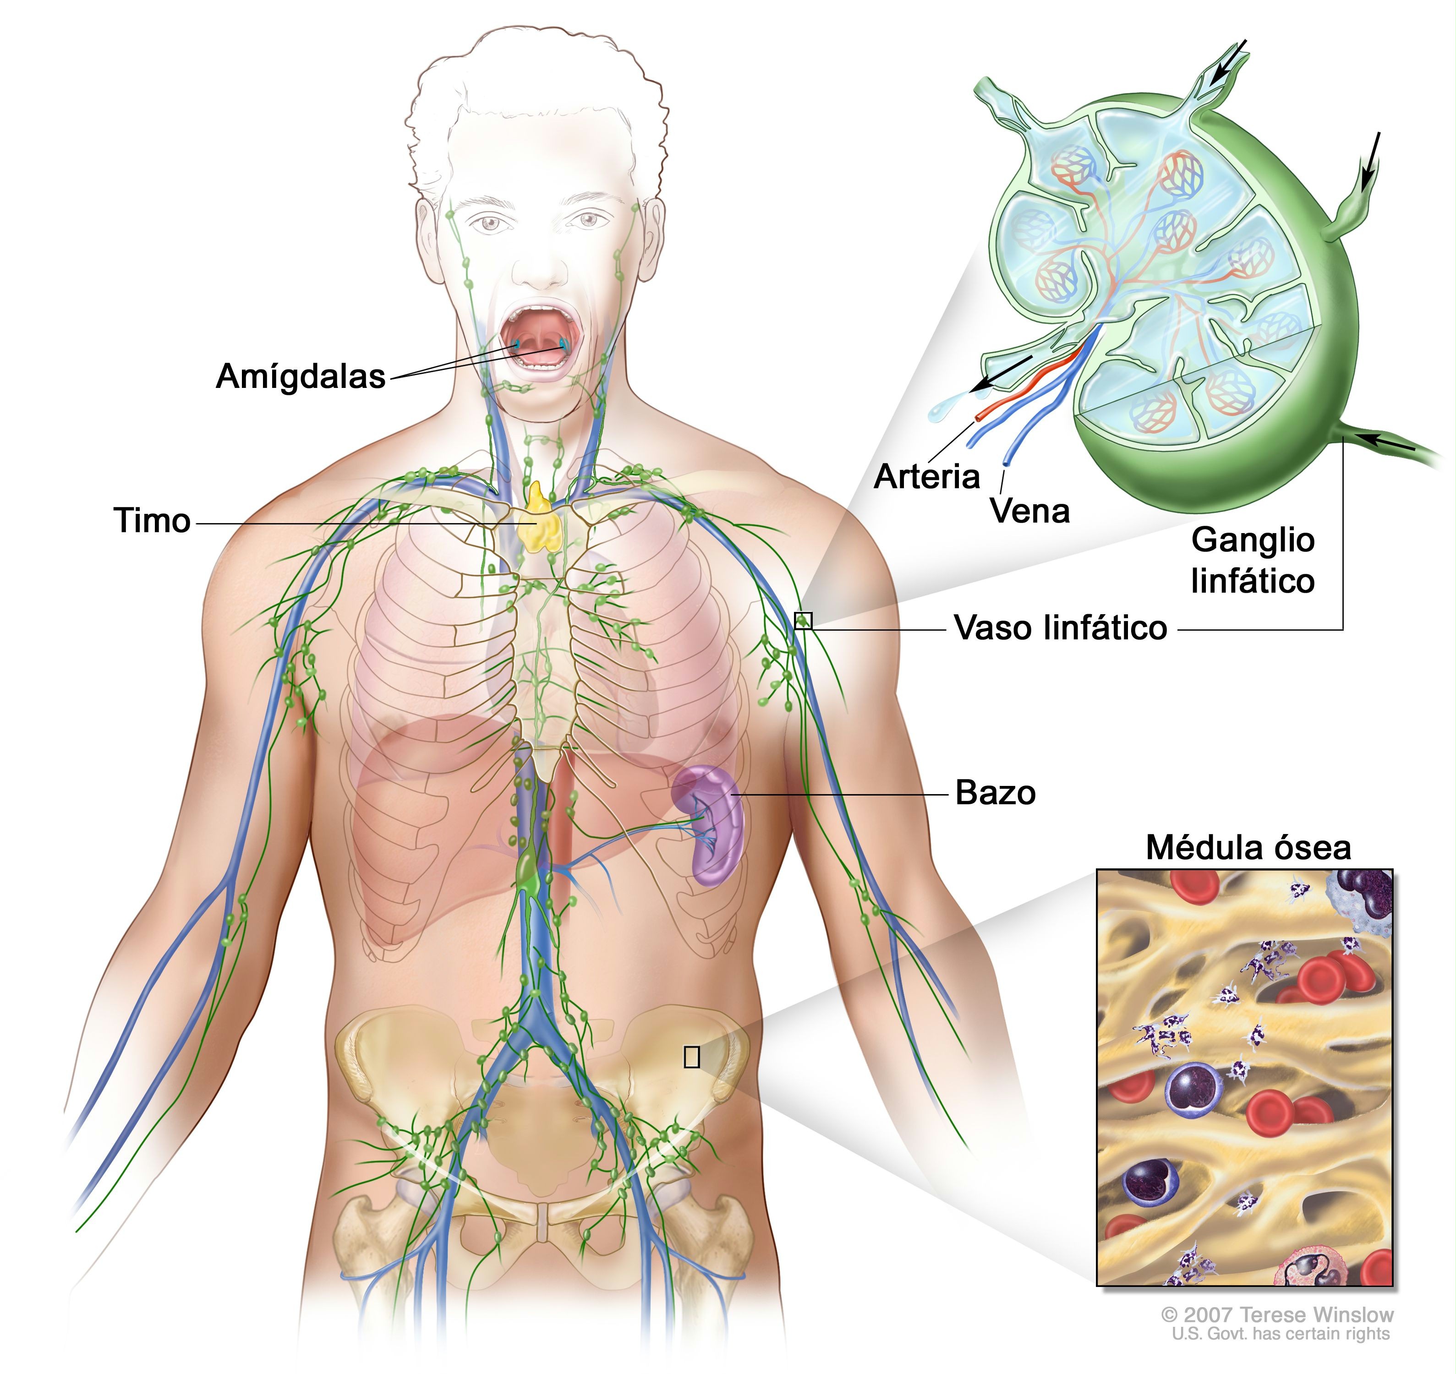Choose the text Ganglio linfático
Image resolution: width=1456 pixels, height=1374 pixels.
(x=1252, y=561)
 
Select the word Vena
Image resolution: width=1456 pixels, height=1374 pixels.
(x=1029, y=511)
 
